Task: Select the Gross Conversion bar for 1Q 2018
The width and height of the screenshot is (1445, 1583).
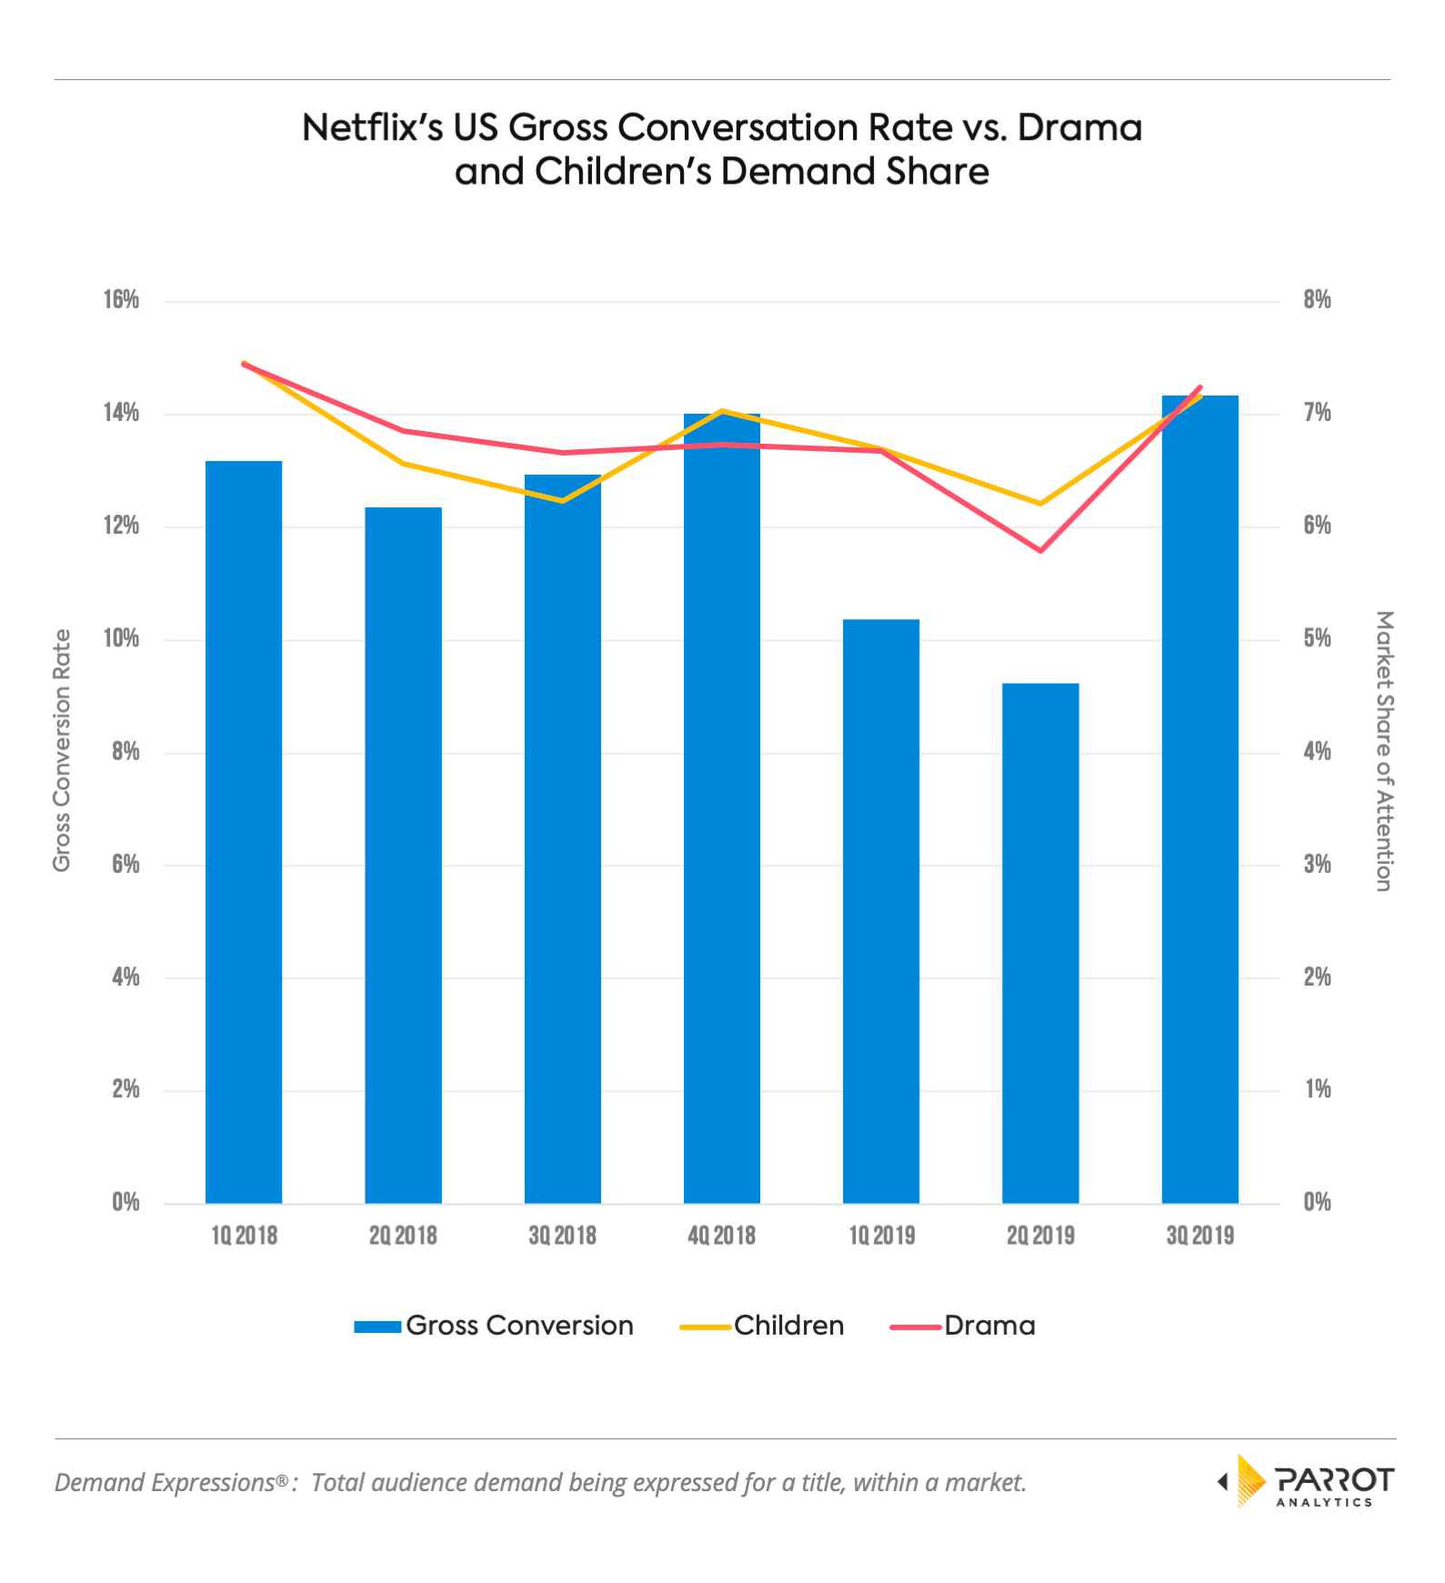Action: tap(244, 832)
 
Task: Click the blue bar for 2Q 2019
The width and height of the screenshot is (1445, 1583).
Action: tap(1040, 943)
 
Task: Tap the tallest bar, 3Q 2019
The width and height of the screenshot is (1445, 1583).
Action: tap(1199, 799)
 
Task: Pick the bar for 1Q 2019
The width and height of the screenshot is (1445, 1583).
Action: tap(881, 911)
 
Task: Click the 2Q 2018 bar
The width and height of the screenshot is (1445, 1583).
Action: tap(403, 855)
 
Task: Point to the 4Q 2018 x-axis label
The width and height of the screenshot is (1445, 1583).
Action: tap(722, 1235)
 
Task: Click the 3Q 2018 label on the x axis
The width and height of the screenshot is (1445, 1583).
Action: tap(562, 1235)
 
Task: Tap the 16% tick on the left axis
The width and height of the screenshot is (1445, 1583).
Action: tap(121, 300)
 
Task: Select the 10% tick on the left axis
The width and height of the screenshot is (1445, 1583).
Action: tap(121, 638)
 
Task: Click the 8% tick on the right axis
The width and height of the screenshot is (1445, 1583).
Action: tap(1317, 300)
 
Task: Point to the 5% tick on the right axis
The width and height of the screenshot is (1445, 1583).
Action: tap(1317, 638)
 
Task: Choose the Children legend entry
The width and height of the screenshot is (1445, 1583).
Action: tap(762, 1326)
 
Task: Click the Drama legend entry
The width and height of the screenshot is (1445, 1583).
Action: tap(963, 1326)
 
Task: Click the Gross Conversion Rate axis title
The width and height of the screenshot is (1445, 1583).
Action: tap(62, 750)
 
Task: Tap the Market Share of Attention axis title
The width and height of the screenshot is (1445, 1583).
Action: tap(1383, 750)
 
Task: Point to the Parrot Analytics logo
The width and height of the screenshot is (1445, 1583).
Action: tap(1306, 1481)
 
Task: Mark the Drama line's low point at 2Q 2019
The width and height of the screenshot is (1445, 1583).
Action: tap(1040, 550)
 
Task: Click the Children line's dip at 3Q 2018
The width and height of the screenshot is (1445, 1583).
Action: tap(563, 500)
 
